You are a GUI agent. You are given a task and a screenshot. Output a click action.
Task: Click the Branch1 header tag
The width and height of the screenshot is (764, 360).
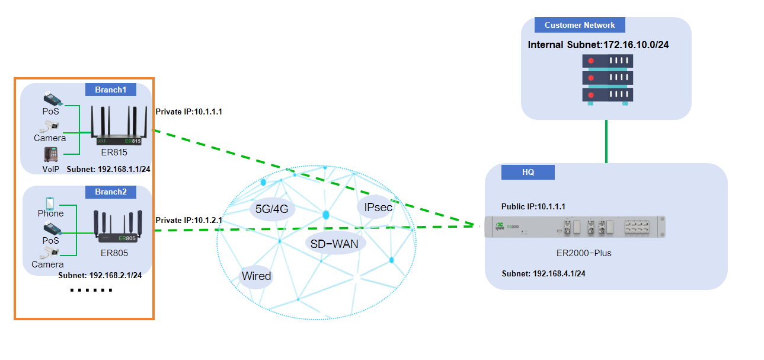pyautogui.click(x=111, y=90)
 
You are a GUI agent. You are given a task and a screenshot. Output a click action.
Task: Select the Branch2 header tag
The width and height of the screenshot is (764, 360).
pyautogui.click(x=111, y=192)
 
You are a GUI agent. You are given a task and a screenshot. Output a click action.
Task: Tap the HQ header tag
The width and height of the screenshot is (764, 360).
pyautogui.click(x=528, y=172)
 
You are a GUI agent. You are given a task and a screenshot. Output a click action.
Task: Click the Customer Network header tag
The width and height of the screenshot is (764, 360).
pyautogui.click(x=580, y=25)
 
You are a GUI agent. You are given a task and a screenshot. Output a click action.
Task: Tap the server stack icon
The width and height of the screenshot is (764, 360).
pyautogui.click(x=608, y=80)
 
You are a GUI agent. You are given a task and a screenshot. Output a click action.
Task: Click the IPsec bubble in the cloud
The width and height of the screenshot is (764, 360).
pyautogui.click(x=375, y=208)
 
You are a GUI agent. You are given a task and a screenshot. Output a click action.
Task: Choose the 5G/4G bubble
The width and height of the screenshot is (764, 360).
pyautogui.click(x=271, y=209)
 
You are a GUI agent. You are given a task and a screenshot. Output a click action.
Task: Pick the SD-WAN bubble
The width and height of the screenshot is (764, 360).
pyautogui.click(x=334, y=243)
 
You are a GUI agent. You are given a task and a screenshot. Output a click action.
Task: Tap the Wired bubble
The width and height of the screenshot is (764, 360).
pyautogui.click(x=256, y=276)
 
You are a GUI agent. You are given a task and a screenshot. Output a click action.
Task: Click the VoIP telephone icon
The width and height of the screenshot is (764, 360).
pyautogui.click(x=50, y=154)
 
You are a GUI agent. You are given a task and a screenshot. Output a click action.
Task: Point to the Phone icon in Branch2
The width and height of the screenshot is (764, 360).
pyautogui.click(x=50, y=202)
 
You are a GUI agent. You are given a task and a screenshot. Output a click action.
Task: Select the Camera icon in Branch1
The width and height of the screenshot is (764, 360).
pyautogui.click(x=50, y=126)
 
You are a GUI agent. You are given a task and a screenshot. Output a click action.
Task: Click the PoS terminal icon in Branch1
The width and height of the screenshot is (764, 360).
pyautogui.click(x=50, y=98)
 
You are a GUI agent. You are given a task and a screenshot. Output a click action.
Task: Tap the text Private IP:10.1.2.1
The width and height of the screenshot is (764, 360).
pyautogui.click(x=188, y=220)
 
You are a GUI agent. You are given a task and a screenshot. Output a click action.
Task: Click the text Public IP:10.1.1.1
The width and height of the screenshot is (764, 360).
pyautogui.click(x=533, y=207)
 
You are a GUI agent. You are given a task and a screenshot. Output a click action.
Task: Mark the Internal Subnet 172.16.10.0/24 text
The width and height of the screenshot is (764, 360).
pyautogui.click(x=598, y=44)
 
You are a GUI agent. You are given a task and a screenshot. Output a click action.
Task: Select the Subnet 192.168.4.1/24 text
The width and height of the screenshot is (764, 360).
pyautogui.click(x=544, y=273)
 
